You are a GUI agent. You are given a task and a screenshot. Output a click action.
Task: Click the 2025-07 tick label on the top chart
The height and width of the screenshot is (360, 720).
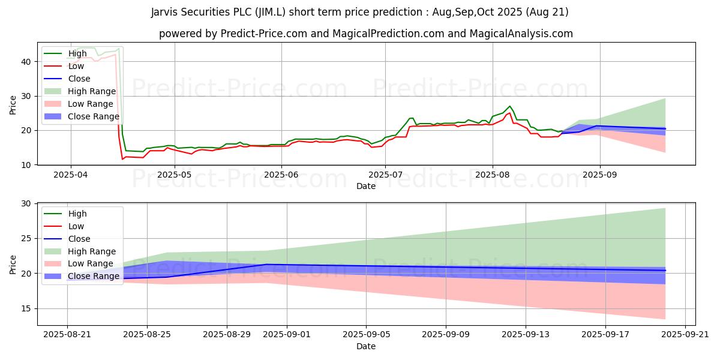[385, 175]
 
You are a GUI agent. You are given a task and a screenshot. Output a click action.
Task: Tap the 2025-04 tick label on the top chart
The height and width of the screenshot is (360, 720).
[71, 175]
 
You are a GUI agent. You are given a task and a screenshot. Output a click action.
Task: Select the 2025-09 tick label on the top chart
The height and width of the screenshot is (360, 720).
[600, 175]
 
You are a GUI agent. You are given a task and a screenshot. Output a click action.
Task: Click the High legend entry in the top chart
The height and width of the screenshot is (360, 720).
[77, 53]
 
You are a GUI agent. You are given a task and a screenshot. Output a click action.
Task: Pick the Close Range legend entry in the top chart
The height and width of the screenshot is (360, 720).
[93, 116]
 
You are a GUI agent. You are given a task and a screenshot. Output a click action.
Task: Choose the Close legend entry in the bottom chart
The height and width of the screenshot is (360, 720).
[79, 239]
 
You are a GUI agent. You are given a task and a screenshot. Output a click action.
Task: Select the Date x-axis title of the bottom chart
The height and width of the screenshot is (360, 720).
[366, 346]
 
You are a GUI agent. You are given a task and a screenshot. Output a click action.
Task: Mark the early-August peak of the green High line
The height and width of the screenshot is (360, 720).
[510, 106]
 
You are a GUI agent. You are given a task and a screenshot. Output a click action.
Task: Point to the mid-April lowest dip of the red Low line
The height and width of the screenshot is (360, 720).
[122, 159]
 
